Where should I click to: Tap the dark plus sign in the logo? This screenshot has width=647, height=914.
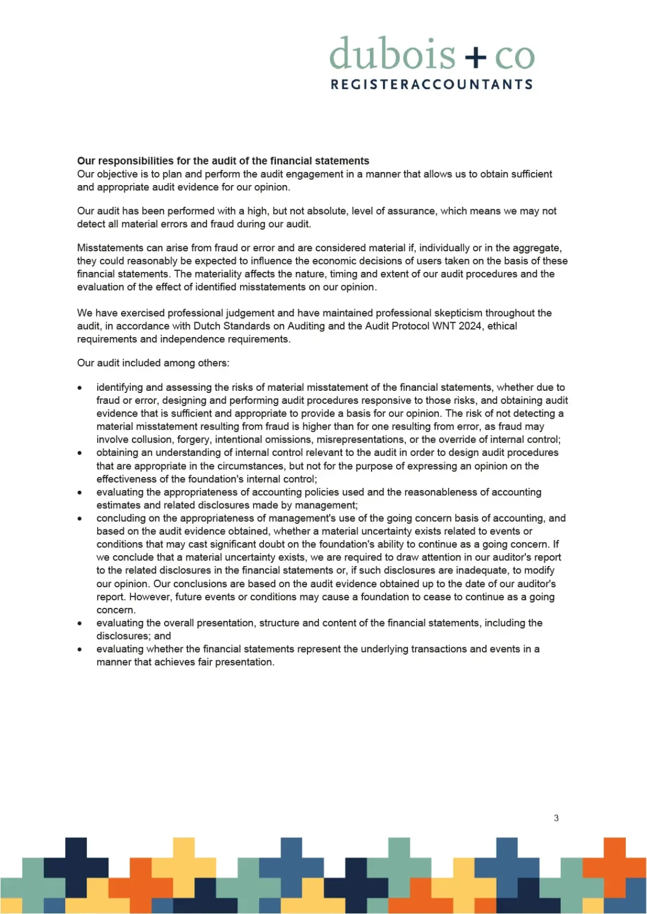point(475,56)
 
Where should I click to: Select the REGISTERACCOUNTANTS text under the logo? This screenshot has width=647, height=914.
point(432,85)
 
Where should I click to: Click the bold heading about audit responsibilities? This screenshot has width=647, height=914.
point(223,161)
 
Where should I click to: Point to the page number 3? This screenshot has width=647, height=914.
point(556,818)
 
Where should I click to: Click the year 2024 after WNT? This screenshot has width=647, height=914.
point(470,326)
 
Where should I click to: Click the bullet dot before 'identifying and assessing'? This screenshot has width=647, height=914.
point(80,388)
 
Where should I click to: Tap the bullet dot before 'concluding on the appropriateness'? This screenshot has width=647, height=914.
point(80,519)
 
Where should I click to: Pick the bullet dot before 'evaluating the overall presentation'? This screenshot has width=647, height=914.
point(80,623)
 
